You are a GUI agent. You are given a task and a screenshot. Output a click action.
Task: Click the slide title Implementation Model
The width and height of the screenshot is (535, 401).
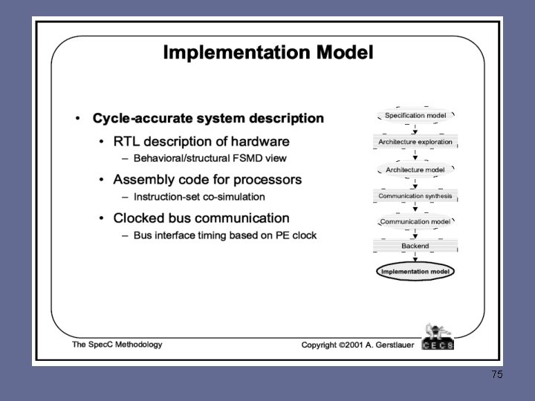[268, 53]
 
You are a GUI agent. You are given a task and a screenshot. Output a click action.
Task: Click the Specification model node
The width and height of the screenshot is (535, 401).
[415, 116]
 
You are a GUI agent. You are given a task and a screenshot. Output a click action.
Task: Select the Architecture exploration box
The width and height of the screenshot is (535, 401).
[415, 142]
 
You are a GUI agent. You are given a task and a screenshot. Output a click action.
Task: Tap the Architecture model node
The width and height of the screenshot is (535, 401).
[415, 169]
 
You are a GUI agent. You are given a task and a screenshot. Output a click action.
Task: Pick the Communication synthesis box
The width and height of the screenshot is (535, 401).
[415, 196]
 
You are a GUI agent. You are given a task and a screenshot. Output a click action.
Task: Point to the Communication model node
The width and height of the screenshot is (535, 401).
[415, 221]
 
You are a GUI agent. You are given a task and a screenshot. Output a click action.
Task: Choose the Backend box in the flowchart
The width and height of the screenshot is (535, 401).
[415, 246]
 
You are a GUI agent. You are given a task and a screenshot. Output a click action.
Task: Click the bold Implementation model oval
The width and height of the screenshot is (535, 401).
[415, 271]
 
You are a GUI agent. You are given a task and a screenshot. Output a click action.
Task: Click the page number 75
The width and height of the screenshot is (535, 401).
[497, 375]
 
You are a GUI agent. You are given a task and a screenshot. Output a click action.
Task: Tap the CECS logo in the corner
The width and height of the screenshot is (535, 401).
[438, 337]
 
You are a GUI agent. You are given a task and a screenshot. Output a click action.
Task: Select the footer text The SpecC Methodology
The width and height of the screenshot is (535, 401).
[117, 345]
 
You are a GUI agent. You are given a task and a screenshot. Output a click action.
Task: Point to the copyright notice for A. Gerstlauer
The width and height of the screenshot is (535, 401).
[356, 345]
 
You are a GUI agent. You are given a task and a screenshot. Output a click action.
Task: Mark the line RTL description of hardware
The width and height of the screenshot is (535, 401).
[201, 141]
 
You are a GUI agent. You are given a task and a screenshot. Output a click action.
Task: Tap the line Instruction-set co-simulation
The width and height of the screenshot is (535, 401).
[199, 197]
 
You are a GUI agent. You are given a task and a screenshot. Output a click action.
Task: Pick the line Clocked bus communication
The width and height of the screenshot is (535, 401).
[201, 218]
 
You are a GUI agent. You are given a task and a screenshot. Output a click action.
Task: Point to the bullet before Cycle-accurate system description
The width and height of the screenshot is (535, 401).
[77, 119]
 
